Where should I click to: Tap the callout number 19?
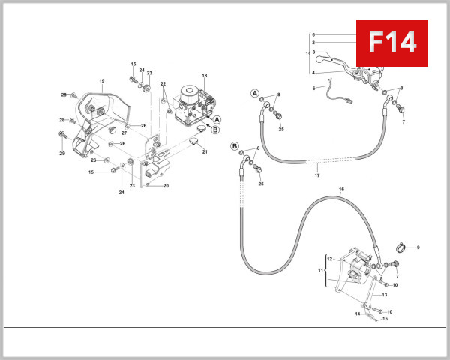[x=101, y=80]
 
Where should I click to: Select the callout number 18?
[x=204, y=76]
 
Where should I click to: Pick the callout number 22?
[x=163, y=83]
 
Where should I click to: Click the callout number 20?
[x=166, y=186]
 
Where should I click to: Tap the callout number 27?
[x=124, y=133]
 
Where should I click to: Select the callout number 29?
[x=63, y=153]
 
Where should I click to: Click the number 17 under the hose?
[x=317, y=176]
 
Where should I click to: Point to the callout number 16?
[x=341, y=190]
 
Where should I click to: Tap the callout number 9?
[x=418, y=247]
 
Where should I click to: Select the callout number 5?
[x=313, y=88]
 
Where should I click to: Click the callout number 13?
[x=384, y=295]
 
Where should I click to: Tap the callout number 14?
[x=357, y=313]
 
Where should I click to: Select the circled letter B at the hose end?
[x=235, y=146]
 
